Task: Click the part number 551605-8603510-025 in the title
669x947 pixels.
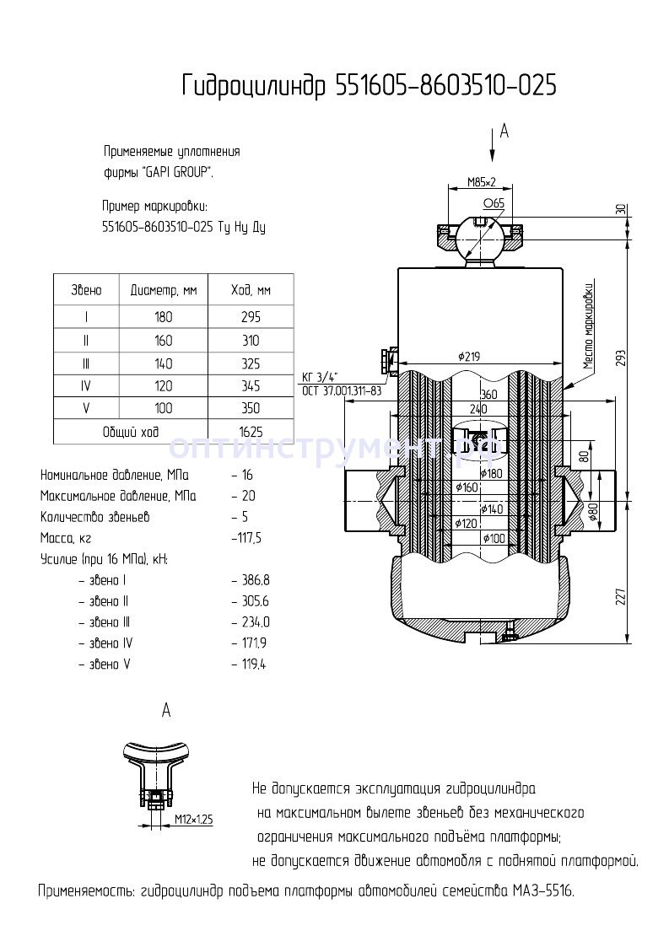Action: [446, 85]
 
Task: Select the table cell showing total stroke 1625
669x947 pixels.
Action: [251, 432]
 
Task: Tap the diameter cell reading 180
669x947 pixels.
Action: [163, 318]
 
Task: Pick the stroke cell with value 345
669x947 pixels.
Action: [251, 386]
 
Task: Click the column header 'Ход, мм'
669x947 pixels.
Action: [251, 290]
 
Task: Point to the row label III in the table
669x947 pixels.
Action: [86, 363]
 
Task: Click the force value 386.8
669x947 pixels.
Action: [255, 581]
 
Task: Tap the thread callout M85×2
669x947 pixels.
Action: [482, 181]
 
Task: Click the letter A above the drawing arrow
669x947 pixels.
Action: [504, 131]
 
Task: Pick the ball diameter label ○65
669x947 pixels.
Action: [494, 203]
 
